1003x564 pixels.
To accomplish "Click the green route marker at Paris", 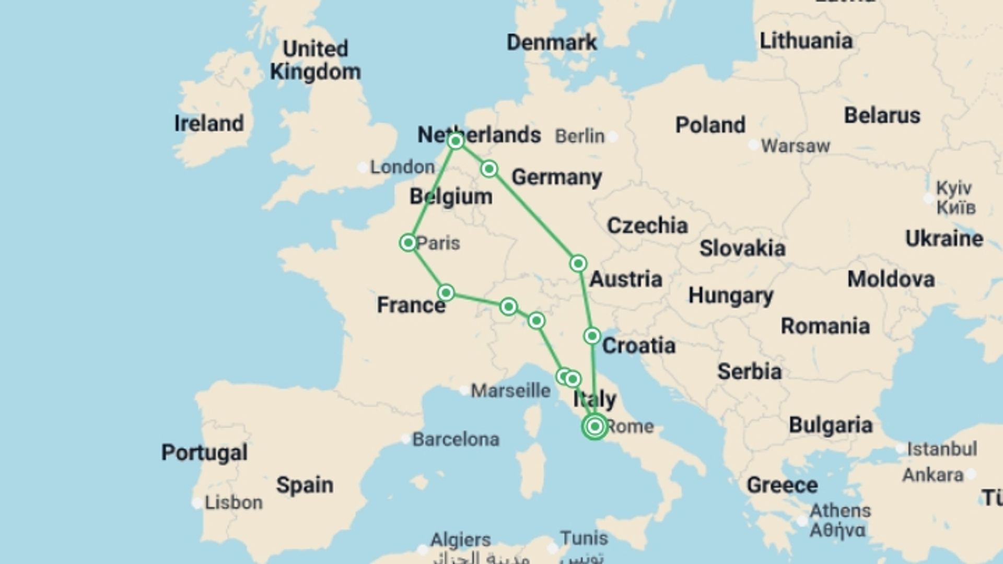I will coord(408,243).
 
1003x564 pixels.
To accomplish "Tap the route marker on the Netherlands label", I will coord(456,141).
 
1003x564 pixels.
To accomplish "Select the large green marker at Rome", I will coord(594,427).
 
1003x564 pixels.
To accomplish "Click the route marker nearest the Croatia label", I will coord(592,336).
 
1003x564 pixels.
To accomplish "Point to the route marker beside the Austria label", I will coord(578,264).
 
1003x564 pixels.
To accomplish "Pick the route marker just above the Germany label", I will coord(489,169).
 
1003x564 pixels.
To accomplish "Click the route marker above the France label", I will coord(446,292).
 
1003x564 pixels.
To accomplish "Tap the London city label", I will coord(402,167).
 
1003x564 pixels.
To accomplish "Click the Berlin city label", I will coord(579,136).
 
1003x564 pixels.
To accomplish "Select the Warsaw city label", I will coord(795,146).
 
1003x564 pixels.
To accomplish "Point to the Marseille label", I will coord(510,391).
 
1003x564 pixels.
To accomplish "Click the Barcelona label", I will coord(456,440).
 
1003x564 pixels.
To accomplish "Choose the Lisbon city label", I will coord(234,503).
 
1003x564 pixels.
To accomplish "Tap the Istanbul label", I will coord(941,449).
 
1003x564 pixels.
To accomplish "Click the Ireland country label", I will coord(209,124).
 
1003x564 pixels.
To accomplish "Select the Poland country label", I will coord(710,125).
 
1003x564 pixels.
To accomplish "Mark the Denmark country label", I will coord(552,42).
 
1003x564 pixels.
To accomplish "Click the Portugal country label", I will coord(204,452).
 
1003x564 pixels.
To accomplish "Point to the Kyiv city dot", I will coord(928,198).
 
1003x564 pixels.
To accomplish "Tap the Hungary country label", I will coord(730,296).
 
